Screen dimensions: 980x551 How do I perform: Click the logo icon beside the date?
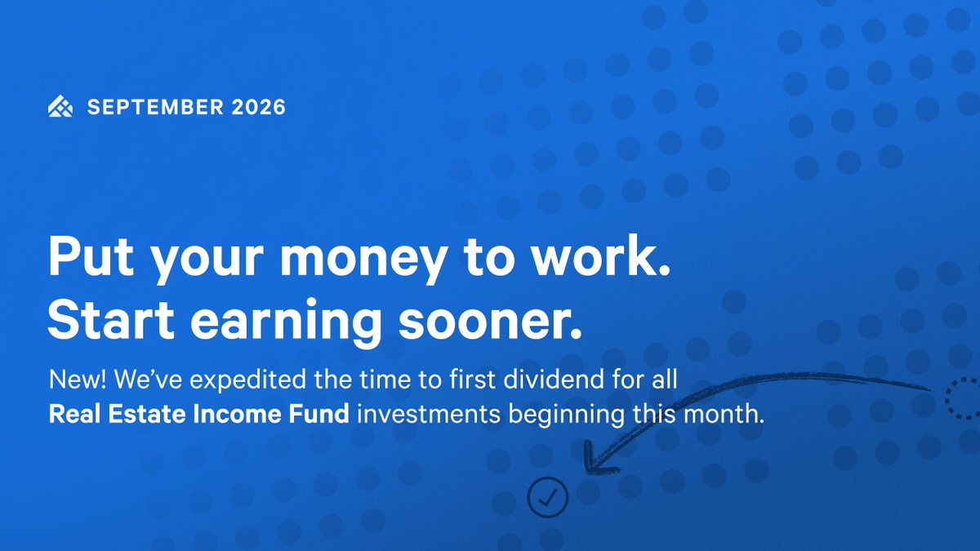[60, 106]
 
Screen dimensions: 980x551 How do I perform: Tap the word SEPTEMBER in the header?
[155, 107]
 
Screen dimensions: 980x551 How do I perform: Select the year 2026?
[259, 107]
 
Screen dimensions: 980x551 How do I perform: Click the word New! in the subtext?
[78, 379]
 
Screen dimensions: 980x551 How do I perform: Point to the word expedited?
[247, 380]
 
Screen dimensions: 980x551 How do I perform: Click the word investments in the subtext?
[429, 414]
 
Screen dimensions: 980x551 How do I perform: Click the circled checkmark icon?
[548, 497]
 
